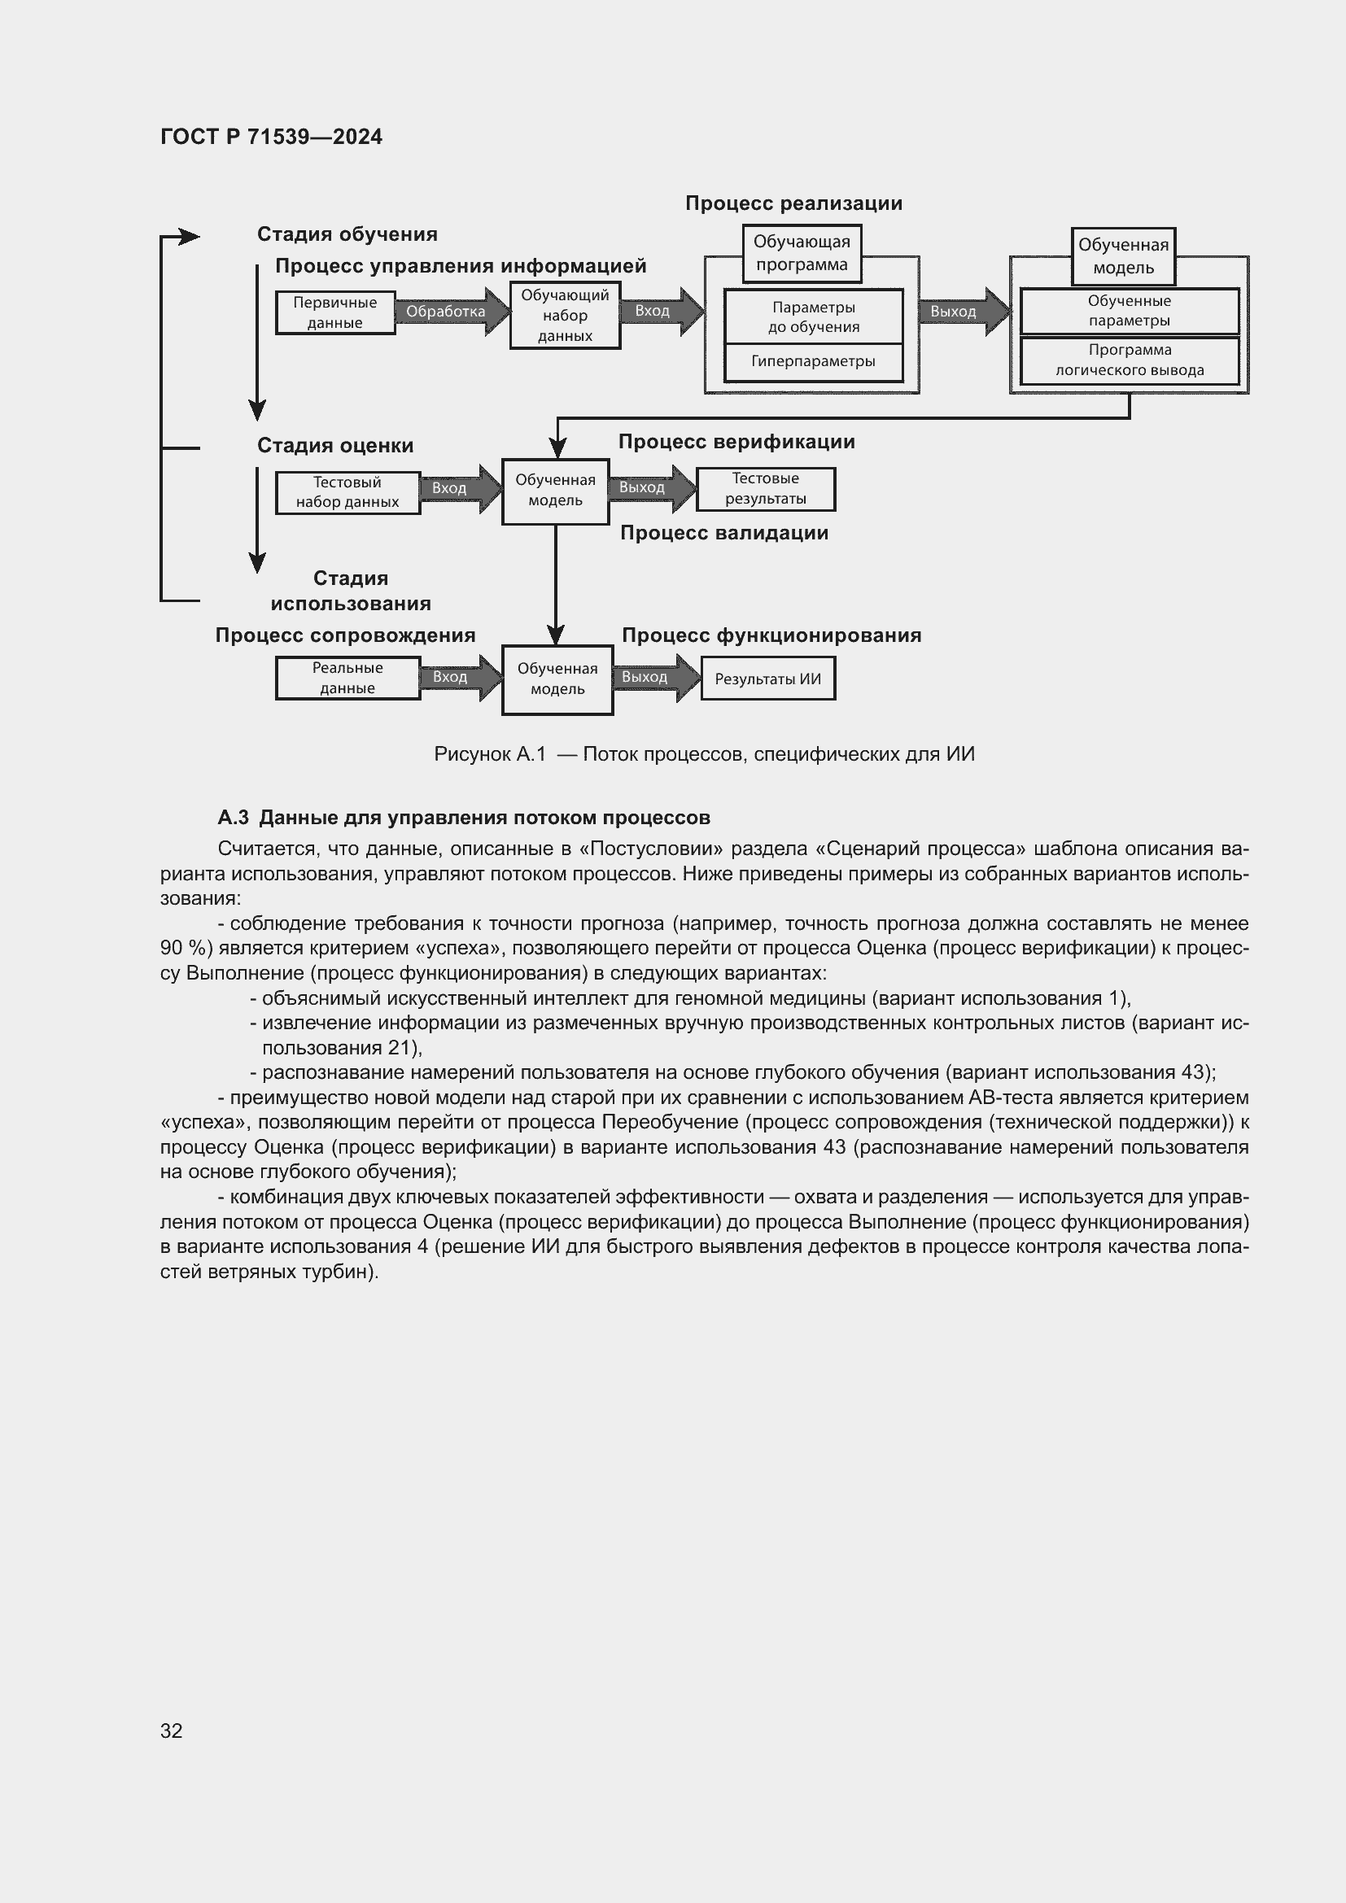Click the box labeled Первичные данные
pyautogui.click(x=334, y=312)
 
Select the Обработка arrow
pyautogui.click(x=448, y=312)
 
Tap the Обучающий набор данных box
pyautogui.click(x=565, y=315)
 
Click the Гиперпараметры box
pyautogui.click(x=813, y=362)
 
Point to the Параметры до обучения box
pyautogui.click(x=813, y=316)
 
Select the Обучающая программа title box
pyautogui.click(x=802, y=254)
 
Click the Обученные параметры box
pyautogui.click(x=1129, y=311)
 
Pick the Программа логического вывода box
pyautogui.click(x=1129, y=360)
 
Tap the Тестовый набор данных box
pyautogui.click(x=347, y=492)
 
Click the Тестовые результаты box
pyautogui.click(x=765, y=488)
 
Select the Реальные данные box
pyautogui.click(x=347, y=678)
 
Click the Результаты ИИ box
pyautogui.click(x=767, y=679)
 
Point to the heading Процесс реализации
pyautogui.click(x=793, y=203)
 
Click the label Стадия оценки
pyautogui.click(x=334, y=445)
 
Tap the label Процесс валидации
pyautogui.click(x=723, y=533)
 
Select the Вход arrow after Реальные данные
pyautogui.click(x=455, y=677)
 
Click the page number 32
pyautogui.click(x=172, y=1731)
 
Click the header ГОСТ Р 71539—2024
pyautogui.click(x=271, y=137)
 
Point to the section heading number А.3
pyautogui.click(x=233, y=817)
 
